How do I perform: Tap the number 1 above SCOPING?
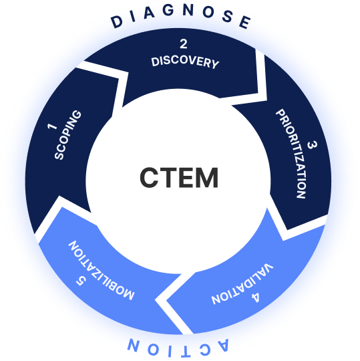[x=50, y=125]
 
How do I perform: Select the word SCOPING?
[x=68, y=136]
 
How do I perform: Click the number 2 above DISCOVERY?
[x=183, y=45]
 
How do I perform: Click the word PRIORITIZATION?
[x=291, y=155]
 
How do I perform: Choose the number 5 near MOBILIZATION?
[x=80, y=281]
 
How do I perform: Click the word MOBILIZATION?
[x=102, y=270]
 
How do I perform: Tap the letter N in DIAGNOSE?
[x=192, y=15]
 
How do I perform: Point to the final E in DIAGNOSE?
[x=244, y=23]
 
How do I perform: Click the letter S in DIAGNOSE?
[x=228, y=19]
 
